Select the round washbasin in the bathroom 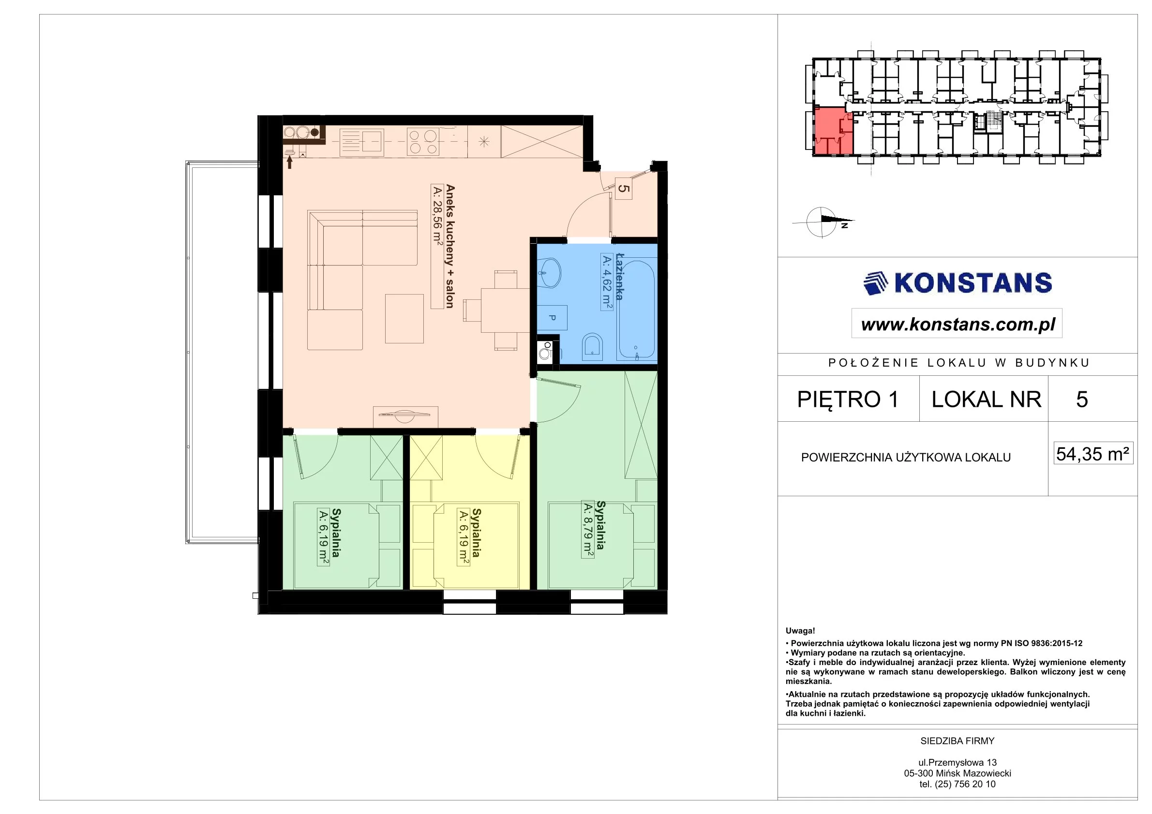pos(549,273)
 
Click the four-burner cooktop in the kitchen pos(422,142)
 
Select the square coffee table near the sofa pos(404,318)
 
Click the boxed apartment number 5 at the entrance pos(623,189)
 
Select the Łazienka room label pos(619,277)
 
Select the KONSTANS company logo pos(958,283)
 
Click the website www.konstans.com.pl pos(958,325)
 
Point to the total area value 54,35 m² pos(1093,454)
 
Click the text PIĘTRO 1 pos(848,400)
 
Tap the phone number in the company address pos(958,784)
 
